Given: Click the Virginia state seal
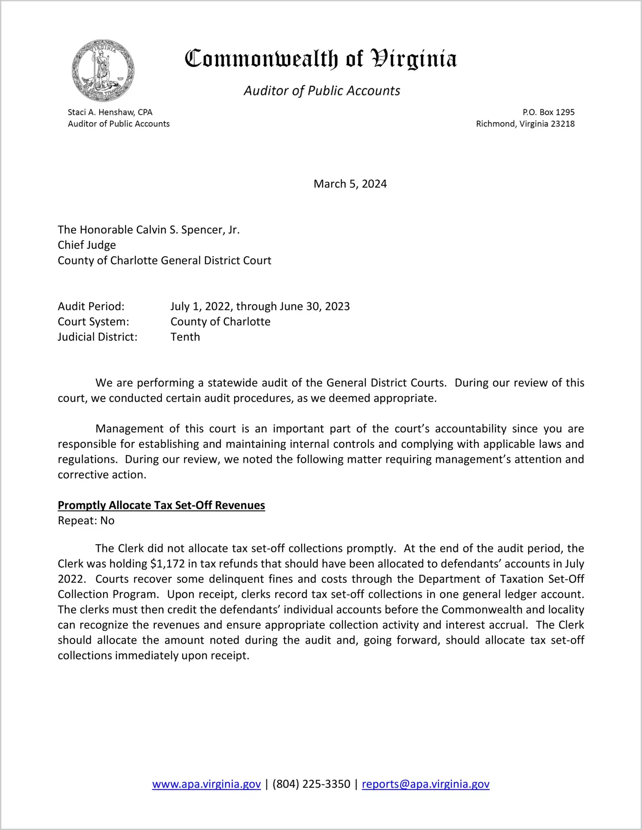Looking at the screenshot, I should [103, 70].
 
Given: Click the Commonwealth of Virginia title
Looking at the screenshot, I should [321, 59].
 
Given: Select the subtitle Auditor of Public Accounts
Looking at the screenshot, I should [322, 91].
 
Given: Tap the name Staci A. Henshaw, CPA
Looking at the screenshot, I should [110, 112].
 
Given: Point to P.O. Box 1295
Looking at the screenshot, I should [548, 112].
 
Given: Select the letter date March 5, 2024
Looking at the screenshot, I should [350, 184].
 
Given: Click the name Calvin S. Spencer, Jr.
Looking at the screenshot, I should [188, 230].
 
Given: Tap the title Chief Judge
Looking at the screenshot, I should [87, 245].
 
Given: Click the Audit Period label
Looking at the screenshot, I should [91, 306].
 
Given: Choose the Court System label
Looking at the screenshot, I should [93, 322].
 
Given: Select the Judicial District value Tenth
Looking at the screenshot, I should [185, 337].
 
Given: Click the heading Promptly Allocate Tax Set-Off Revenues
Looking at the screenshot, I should [161, 505].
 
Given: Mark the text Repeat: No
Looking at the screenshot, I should [86, 521].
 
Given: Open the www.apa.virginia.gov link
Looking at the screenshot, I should [206, 784].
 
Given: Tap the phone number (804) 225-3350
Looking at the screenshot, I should [311, 784].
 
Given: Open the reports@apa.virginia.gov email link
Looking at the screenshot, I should [425, 784].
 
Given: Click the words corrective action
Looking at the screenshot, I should [102, 475].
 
